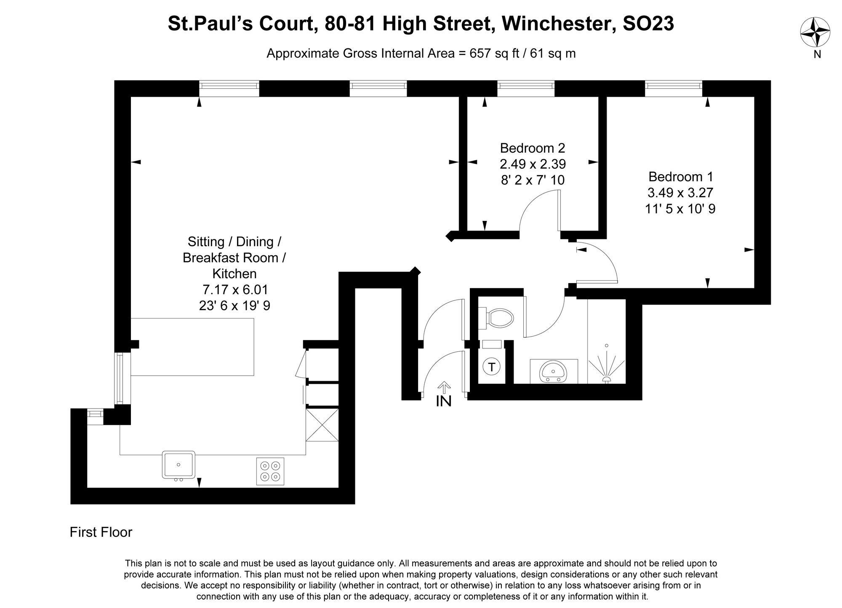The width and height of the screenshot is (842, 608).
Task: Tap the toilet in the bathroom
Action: coord(497,318)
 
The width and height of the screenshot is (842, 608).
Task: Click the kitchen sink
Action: coord(179,465)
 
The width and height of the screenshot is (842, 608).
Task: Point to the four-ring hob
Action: coord(270,471)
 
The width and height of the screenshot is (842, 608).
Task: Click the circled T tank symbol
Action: coord(491,366)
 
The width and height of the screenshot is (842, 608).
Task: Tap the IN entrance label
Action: coord(444,401)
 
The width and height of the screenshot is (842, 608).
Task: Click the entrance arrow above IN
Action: coord(444,387)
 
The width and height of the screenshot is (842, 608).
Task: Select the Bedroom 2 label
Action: coord(532,148)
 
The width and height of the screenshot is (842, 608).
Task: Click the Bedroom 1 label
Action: coord(680,176)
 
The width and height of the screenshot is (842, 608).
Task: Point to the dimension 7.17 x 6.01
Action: coord(235,290)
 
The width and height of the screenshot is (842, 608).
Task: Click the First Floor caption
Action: coord(101,532)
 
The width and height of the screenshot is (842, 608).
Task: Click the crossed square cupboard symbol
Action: coord(322,425)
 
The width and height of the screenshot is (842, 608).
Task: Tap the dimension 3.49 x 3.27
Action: coord(680,193)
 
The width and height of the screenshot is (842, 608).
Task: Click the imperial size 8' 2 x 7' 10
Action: coord(532,180)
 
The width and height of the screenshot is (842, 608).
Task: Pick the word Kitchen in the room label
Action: coord(234,274)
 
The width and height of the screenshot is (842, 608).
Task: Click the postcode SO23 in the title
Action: coord(648,24)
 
